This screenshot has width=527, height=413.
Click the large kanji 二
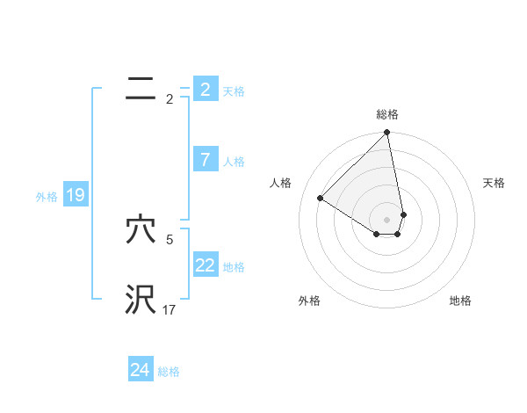coord(141,89)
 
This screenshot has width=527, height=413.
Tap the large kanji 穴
coord(141,230)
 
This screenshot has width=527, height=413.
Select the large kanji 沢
coord(141,300)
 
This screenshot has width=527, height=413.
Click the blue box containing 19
coord(75,195)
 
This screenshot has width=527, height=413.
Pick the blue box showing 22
coord(206,265)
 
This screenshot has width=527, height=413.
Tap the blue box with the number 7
coord(206,160)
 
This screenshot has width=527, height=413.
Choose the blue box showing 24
coord(140,370)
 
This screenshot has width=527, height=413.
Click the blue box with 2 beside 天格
coord(206,90)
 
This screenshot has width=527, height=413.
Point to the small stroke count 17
coord(170,310)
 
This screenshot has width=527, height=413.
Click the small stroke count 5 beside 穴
coord(170,239)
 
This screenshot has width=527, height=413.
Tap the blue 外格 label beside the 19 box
coord(47,197)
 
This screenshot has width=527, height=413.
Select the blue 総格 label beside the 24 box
coord(169,372)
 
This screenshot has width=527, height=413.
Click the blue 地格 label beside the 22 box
coord(234,267)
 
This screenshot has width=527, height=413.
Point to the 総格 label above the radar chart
coord(387,114)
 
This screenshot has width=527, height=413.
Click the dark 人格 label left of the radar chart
coord(281,183)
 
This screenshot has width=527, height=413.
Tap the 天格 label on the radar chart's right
coord(494,183)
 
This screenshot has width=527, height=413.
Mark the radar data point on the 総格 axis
coord(387,133)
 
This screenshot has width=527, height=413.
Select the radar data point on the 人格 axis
coord(321,198)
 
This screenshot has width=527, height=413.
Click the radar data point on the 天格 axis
coord(403,214)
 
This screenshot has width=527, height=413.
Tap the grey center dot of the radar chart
coord(387,220)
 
